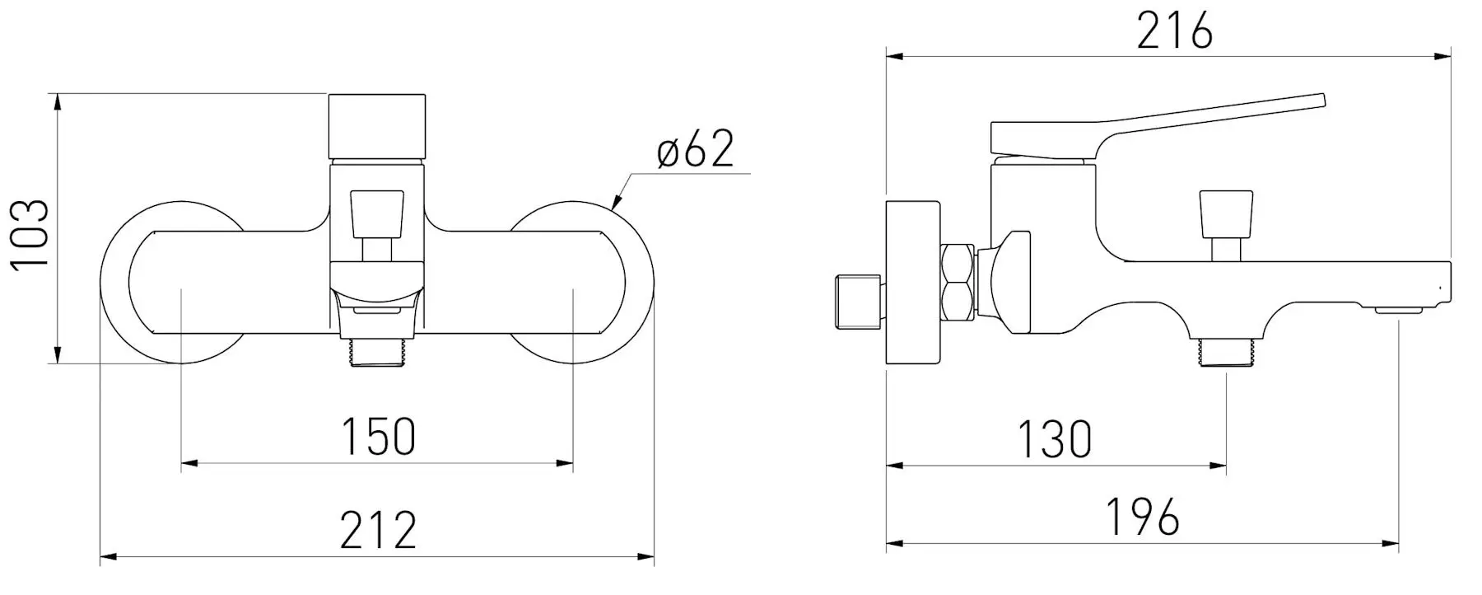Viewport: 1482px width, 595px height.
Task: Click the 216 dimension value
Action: pyautogui.click(x=1174, y=33)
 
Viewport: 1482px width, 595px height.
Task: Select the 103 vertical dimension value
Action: pyautogui.click(x=30, y=233)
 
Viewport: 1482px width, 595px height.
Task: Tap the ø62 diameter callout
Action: pyautogui.click(x=695, y=151)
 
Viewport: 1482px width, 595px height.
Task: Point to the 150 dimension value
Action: pyautogui.click(x=378, y=437)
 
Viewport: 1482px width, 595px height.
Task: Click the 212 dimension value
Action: pyautogui.click(x=378, y=530)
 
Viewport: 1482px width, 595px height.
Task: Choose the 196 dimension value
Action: pyautogui.click(x=1142, y=518)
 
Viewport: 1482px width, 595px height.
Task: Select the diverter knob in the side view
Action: pyautogui.click(x=1226, y=214)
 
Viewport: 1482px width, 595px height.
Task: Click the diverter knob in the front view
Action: pyautogui.click(x=378, y=216)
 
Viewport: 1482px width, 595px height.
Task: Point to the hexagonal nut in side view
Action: pyautogui.click(x=957, y=282)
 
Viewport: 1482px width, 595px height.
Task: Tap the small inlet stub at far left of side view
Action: pyautogui.click(x=855, y=300)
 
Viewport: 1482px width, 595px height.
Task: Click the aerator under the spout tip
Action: pyautogui.click(x=1398, y=312)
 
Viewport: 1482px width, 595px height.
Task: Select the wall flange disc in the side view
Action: pyautogui.click(x=914, y=283)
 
